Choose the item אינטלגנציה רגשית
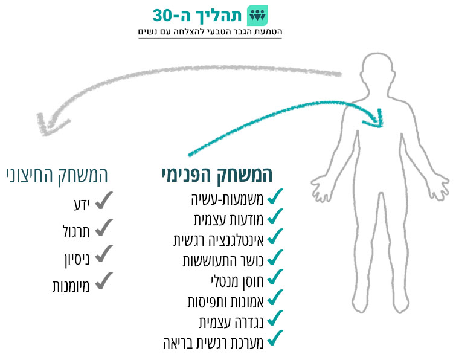pyautogui.click(x=219, y=239)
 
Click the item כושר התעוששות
pyautogui.click(x=222, y=260)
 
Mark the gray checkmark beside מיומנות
pyautogui.click(x=104, y=280)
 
